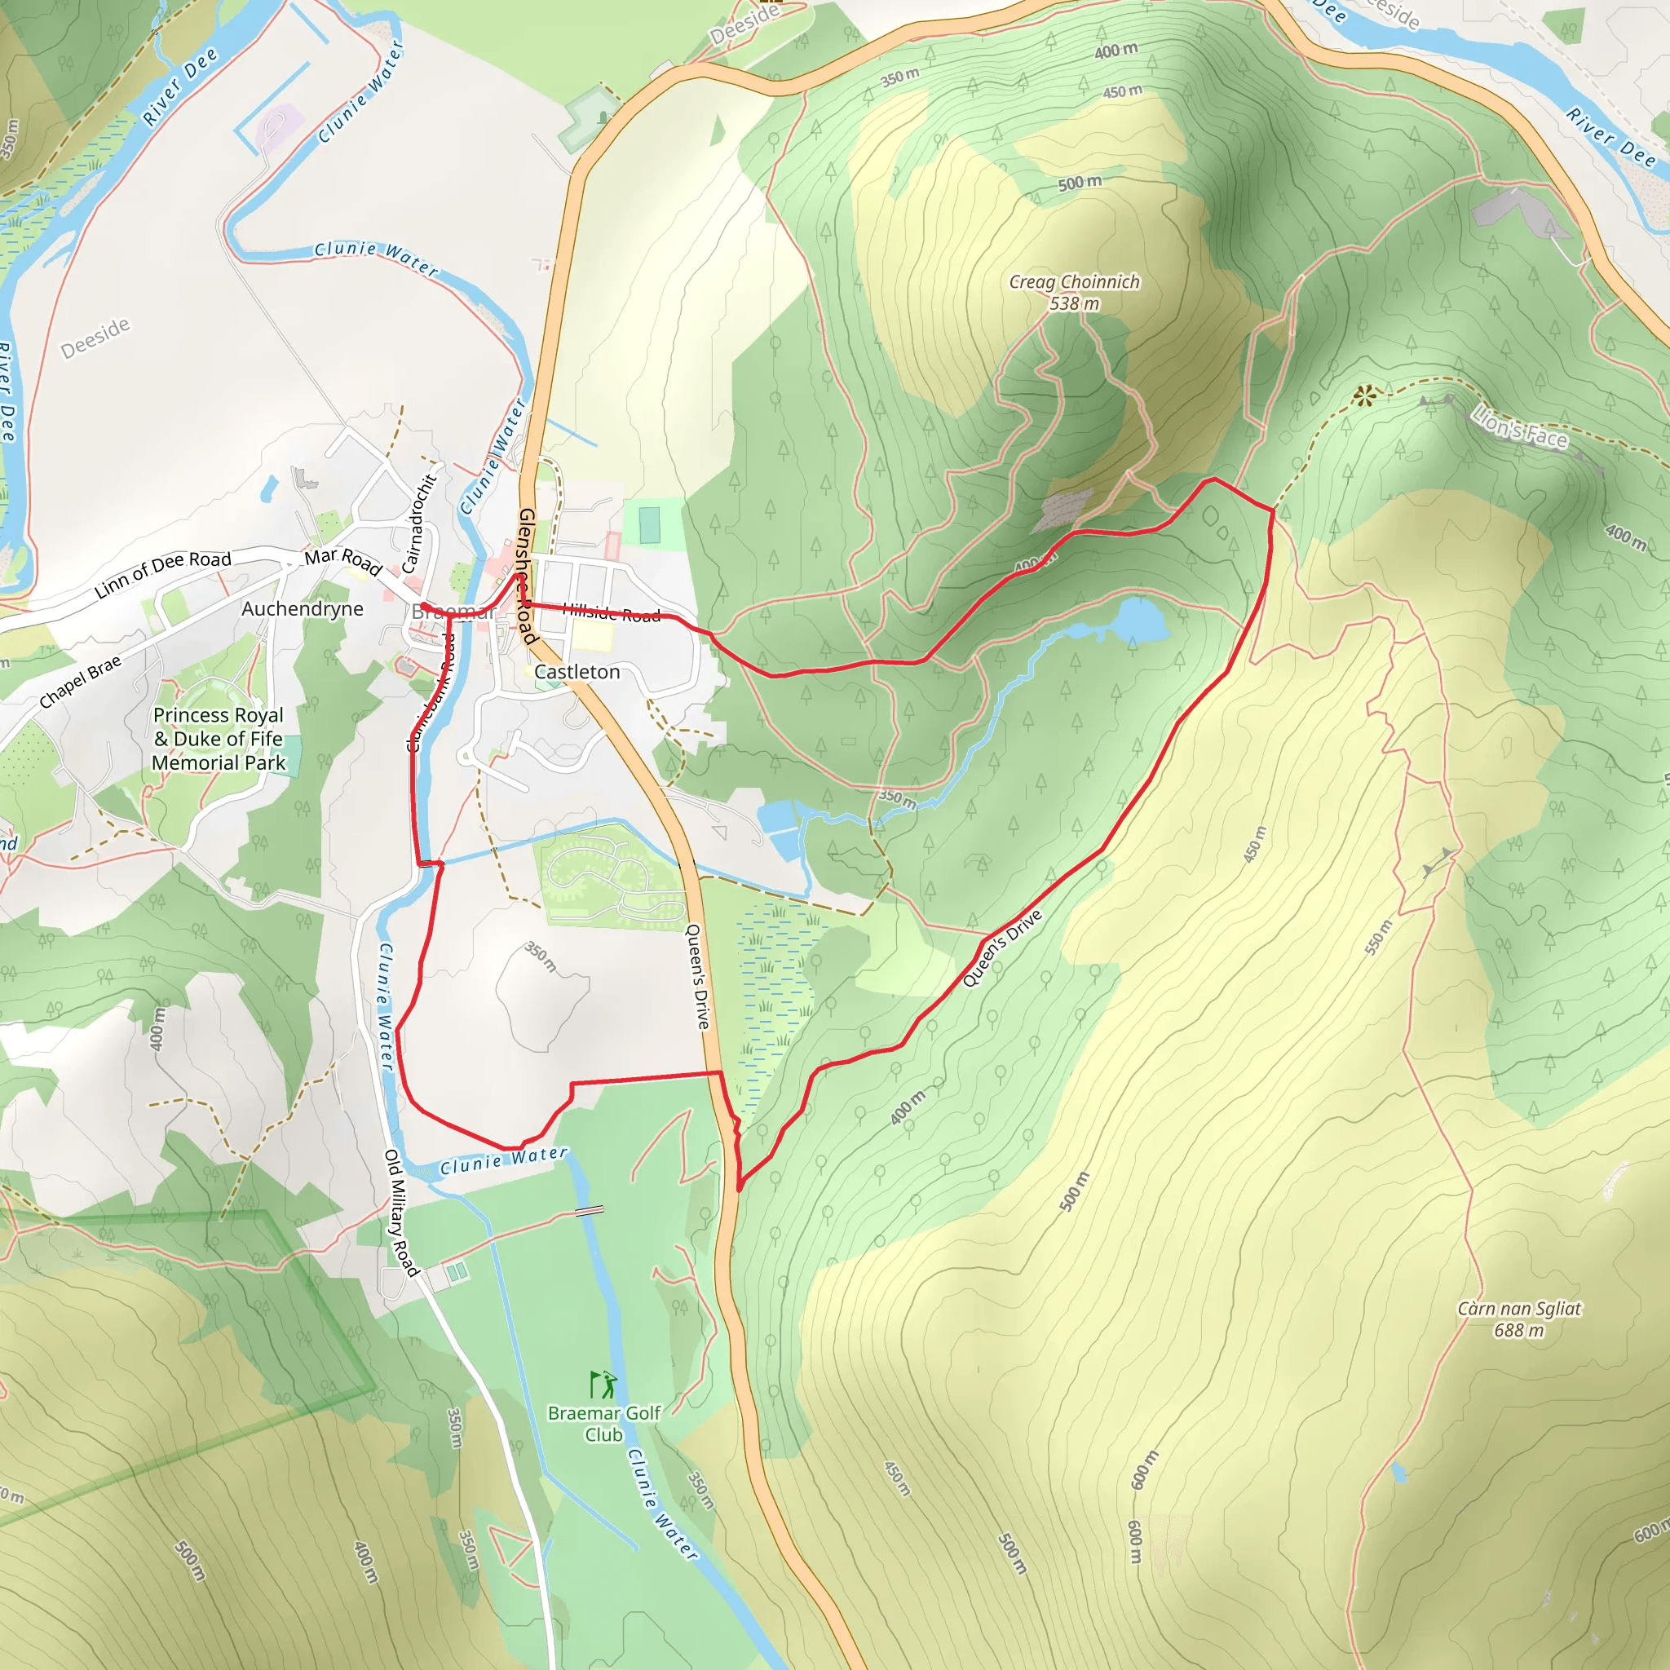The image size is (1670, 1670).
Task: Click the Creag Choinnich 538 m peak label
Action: [x=1074, y=292]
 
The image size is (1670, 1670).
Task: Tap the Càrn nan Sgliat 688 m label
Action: [x=1518, y=1319]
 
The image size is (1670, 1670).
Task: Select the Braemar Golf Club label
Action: [x=603, y=1424]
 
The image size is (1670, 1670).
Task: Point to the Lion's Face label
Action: [x=1520, y=428]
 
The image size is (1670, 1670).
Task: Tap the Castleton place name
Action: [x=577, y=672]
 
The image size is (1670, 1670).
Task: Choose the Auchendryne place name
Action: [x=303, y=608]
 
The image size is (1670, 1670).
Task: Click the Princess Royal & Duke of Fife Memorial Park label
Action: [x=218, y=738]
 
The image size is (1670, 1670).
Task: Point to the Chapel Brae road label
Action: [x=81, y=682]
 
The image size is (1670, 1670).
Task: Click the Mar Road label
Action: [x=343, y=560]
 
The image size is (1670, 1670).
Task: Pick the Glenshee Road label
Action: [x=528, y=576]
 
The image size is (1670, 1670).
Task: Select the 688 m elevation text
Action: [x=1518, y=1330]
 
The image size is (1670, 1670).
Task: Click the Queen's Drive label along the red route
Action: [x=1002, y=948]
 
